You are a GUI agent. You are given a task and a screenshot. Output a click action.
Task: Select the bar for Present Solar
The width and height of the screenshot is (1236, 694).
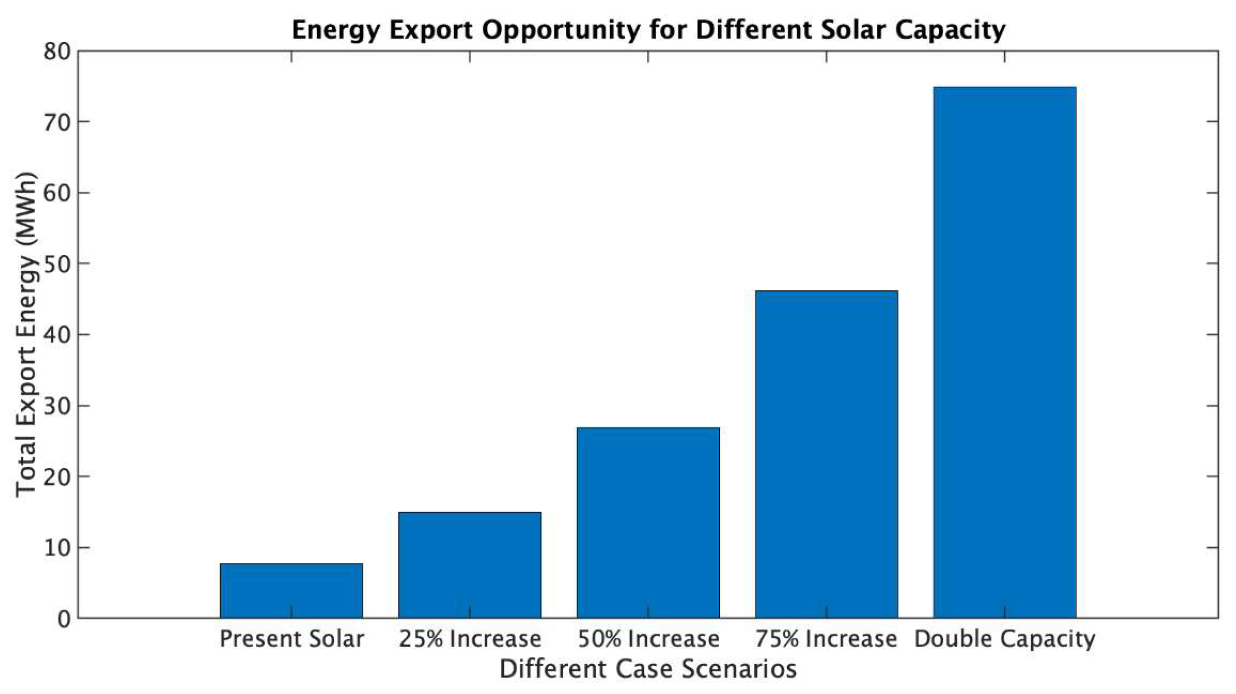[291, 590]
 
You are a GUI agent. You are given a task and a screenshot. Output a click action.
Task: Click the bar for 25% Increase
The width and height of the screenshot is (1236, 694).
[469, 565]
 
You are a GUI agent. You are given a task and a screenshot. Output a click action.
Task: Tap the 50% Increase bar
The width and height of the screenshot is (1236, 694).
[648, 522]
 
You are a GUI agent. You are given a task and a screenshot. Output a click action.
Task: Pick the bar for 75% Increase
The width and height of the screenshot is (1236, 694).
[826, 454]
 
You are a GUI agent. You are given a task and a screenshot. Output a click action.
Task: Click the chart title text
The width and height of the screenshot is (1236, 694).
[648, 29]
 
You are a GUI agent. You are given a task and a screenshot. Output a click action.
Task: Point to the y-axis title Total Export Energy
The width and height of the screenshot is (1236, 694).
[25, 335]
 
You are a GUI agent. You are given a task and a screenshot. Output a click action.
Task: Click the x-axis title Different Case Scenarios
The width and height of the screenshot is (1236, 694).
[648, 669]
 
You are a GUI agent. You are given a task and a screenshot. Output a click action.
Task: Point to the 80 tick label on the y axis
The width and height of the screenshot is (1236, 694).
[57, 52]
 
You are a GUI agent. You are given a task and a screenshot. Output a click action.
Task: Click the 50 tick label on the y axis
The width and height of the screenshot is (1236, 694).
[57, 264]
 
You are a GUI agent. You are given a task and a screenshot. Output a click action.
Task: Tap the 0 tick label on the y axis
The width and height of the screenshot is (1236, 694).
[64, 619]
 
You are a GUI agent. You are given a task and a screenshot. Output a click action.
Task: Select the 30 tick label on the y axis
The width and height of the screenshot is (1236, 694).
[57, 406]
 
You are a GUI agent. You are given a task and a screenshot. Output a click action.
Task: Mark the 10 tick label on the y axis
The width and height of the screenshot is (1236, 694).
[57, 548]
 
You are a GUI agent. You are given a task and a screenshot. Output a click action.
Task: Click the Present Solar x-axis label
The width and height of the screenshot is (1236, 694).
[291, 639]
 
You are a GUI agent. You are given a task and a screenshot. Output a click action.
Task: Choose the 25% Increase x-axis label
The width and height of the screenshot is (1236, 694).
[469, 639]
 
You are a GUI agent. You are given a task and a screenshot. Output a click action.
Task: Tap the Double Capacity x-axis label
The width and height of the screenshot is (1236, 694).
[1004, 639]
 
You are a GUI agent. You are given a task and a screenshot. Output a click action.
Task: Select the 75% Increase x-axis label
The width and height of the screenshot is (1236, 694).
[826, 639]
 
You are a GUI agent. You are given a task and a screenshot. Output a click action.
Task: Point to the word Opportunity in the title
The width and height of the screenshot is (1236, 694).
[560, 30]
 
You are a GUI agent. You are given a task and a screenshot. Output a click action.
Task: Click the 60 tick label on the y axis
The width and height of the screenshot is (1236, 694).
[57, 193]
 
